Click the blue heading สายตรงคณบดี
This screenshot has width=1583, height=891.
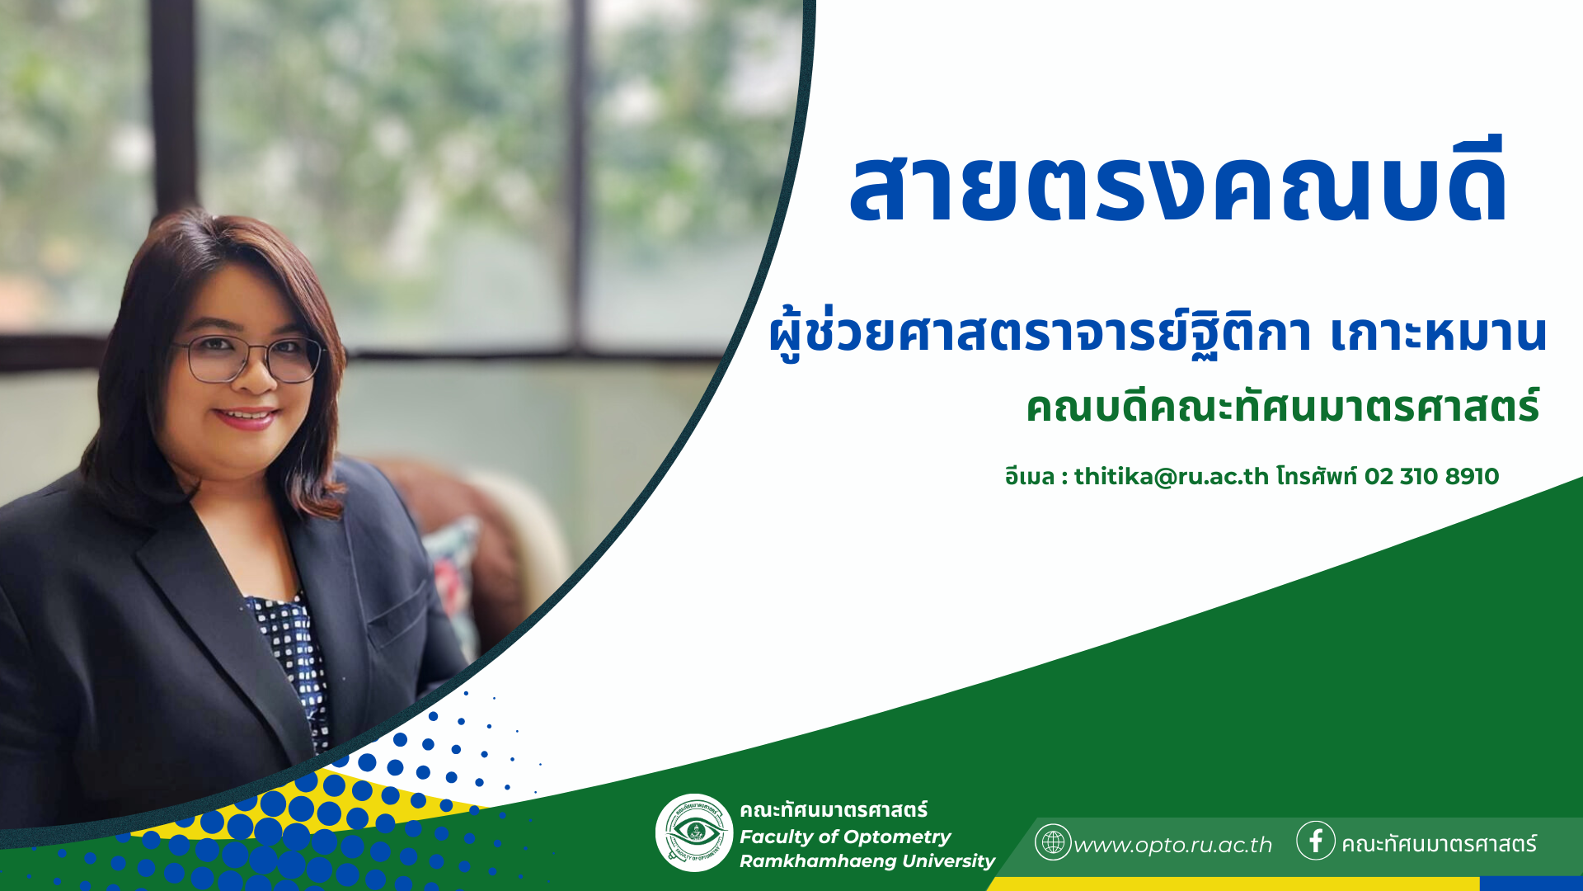click(1178, 182)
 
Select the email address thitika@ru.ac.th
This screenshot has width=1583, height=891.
click(1171, 477)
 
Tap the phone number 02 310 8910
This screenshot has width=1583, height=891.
click(1431, 477)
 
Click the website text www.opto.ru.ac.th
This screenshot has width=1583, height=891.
click(1172, 846)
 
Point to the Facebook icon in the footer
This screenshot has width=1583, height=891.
click(1316, 841)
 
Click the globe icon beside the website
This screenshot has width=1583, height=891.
click(1053, 842)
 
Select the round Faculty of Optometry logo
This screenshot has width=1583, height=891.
click(694, 833)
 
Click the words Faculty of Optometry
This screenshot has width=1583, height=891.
click(845, 837)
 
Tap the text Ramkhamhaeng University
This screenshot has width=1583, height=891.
click(867, 861)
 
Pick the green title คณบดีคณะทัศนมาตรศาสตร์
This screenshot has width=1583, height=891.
click(1283, 407)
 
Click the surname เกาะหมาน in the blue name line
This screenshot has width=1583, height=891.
click(1438, 335)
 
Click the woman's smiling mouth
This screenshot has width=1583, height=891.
click(246, 417)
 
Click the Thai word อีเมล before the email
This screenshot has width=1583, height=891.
click(1030, 477)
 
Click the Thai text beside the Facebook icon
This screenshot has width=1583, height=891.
click(1439, 844)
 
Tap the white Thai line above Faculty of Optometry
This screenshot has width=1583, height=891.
click(834, 810)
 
